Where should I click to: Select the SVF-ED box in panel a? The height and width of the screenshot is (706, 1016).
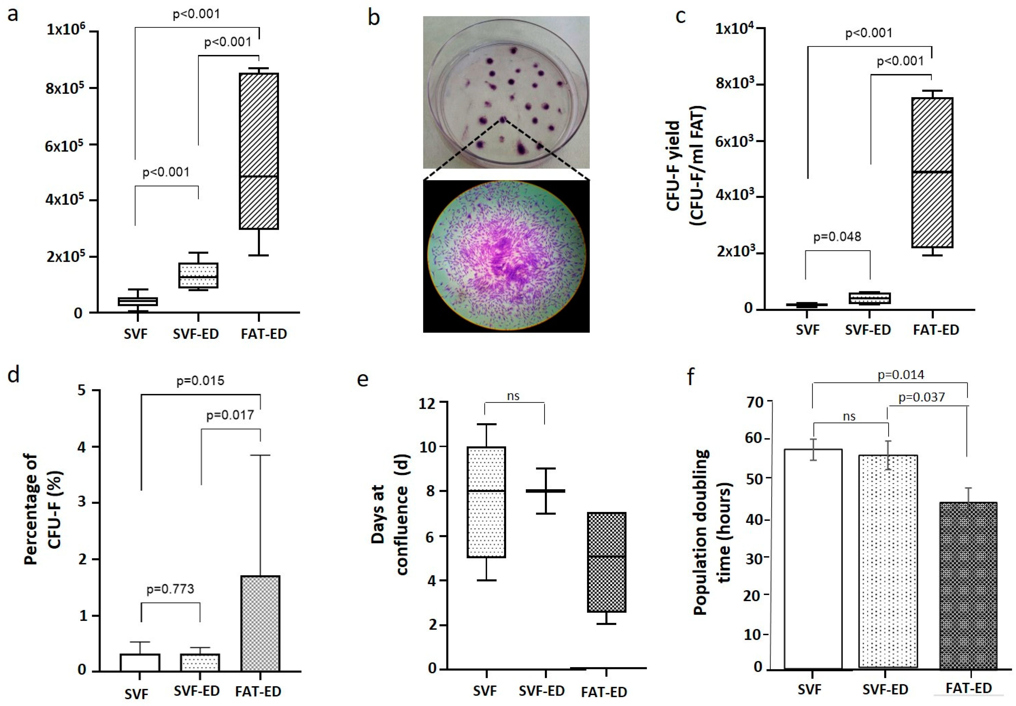(198, 275)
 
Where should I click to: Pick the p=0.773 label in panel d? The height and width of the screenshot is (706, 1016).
(170, 589)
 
